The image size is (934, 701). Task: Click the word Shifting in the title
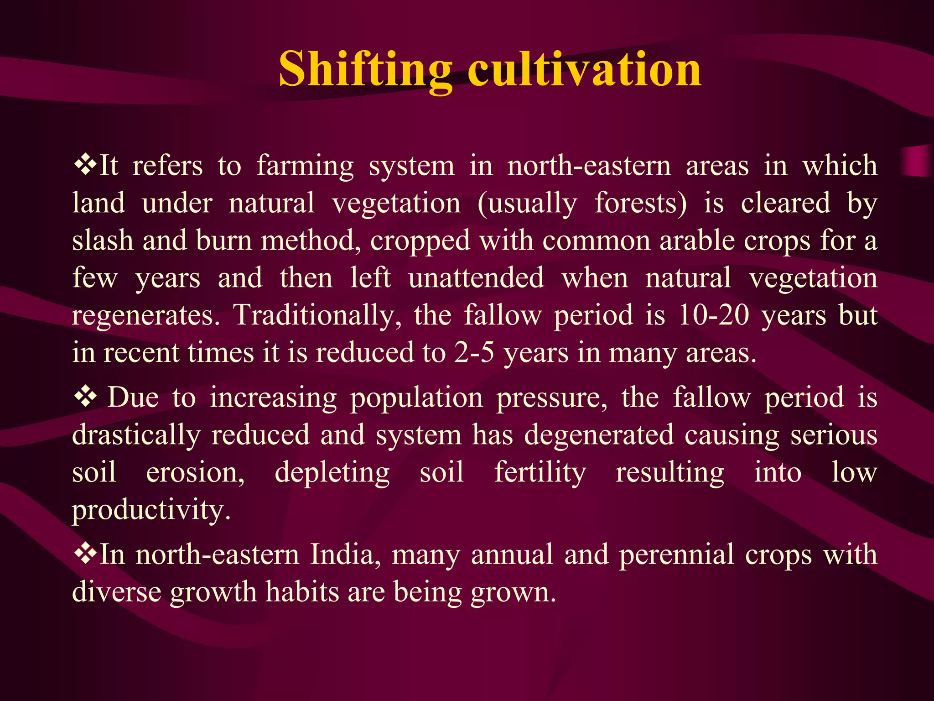click(x=365, y=69)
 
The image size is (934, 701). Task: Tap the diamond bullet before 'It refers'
click(x=85, y=165)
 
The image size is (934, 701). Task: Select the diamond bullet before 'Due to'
click(x=85, y=397)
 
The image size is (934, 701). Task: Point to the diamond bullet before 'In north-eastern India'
click(x=85, y=554)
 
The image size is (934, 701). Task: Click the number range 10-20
click(x=713, y=315)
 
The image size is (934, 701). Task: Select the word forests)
click(x=641, y=203)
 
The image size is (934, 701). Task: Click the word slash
click(x=103, y=241)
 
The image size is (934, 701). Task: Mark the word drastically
click(x=136, y=435)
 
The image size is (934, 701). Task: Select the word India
click(x=345, y=555)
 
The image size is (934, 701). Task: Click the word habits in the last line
click(x=302, y=592)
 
